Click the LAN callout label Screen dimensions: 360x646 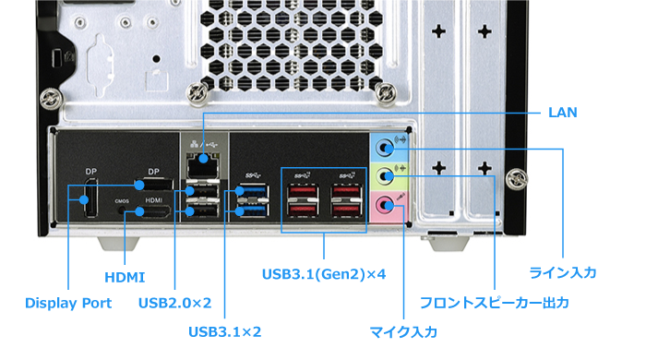(562, 113)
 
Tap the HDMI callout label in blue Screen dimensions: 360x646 (124, 276)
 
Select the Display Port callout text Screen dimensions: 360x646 (68, 303)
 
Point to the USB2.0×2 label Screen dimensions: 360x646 (174, 303)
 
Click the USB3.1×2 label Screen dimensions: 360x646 (224, 330)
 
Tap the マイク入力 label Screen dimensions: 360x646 (403, 330)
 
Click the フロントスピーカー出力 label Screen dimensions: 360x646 (494, 303)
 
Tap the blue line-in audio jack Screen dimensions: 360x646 (385, 144)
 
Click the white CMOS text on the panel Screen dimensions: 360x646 (122, 199)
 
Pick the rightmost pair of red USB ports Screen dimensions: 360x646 (346, 200)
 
